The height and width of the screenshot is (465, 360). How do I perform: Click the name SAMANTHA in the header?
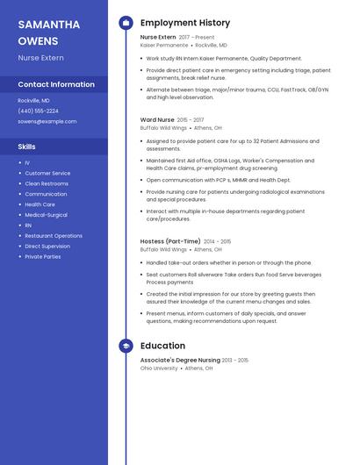point(49,25)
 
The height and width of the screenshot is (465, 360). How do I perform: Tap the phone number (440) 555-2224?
point(38,111)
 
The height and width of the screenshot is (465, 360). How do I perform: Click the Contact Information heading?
point(56,84)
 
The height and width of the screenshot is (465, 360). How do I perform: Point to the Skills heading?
point(26,147)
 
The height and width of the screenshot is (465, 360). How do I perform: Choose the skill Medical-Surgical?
point(46,214)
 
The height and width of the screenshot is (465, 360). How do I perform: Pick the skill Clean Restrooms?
point(47,183)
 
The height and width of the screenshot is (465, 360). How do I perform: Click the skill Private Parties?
point(43,256)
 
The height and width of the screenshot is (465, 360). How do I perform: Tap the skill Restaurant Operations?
point(54,235)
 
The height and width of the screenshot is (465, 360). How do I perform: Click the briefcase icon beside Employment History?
point(126,23)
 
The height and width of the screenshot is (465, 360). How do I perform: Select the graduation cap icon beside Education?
point(126,346)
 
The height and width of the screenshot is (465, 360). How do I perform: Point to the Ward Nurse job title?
point(157,119)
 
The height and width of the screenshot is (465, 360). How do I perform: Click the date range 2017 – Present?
point(197,38)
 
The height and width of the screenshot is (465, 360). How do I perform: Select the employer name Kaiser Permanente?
point(163,45)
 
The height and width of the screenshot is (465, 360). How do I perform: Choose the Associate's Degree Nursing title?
point(180,360)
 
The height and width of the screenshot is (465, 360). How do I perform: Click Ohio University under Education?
point(158,368)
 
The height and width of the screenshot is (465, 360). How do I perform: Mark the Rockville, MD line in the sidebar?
point(33,100)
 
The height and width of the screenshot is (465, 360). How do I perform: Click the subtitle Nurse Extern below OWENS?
point(40,57)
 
